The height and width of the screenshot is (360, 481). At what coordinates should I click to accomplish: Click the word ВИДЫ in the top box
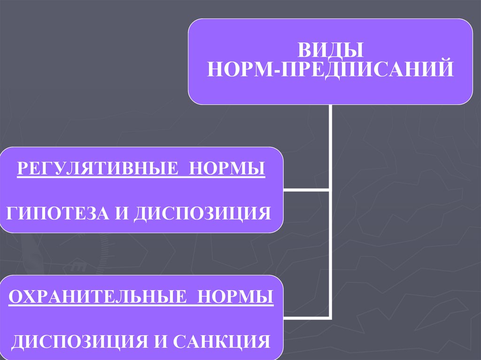click(x=330, y=50)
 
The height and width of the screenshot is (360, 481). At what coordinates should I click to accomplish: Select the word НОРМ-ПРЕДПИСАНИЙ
click(x=330, y=69)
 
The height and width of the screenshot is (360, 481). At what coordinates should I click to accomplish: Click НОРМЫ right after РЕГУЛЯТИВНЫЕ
click(x=227, y=168)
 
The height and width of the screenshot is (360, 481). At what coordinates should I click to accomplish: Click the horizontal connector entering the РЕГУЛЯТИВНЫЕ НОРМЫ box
click(x=306, y=190)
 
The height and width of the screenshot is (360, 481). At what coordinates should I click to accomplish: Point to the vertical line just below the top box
click(x=331, y=122)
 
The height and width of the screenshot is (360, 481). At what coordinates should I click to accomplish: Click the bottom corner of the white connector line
click(x=331, y=318)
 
